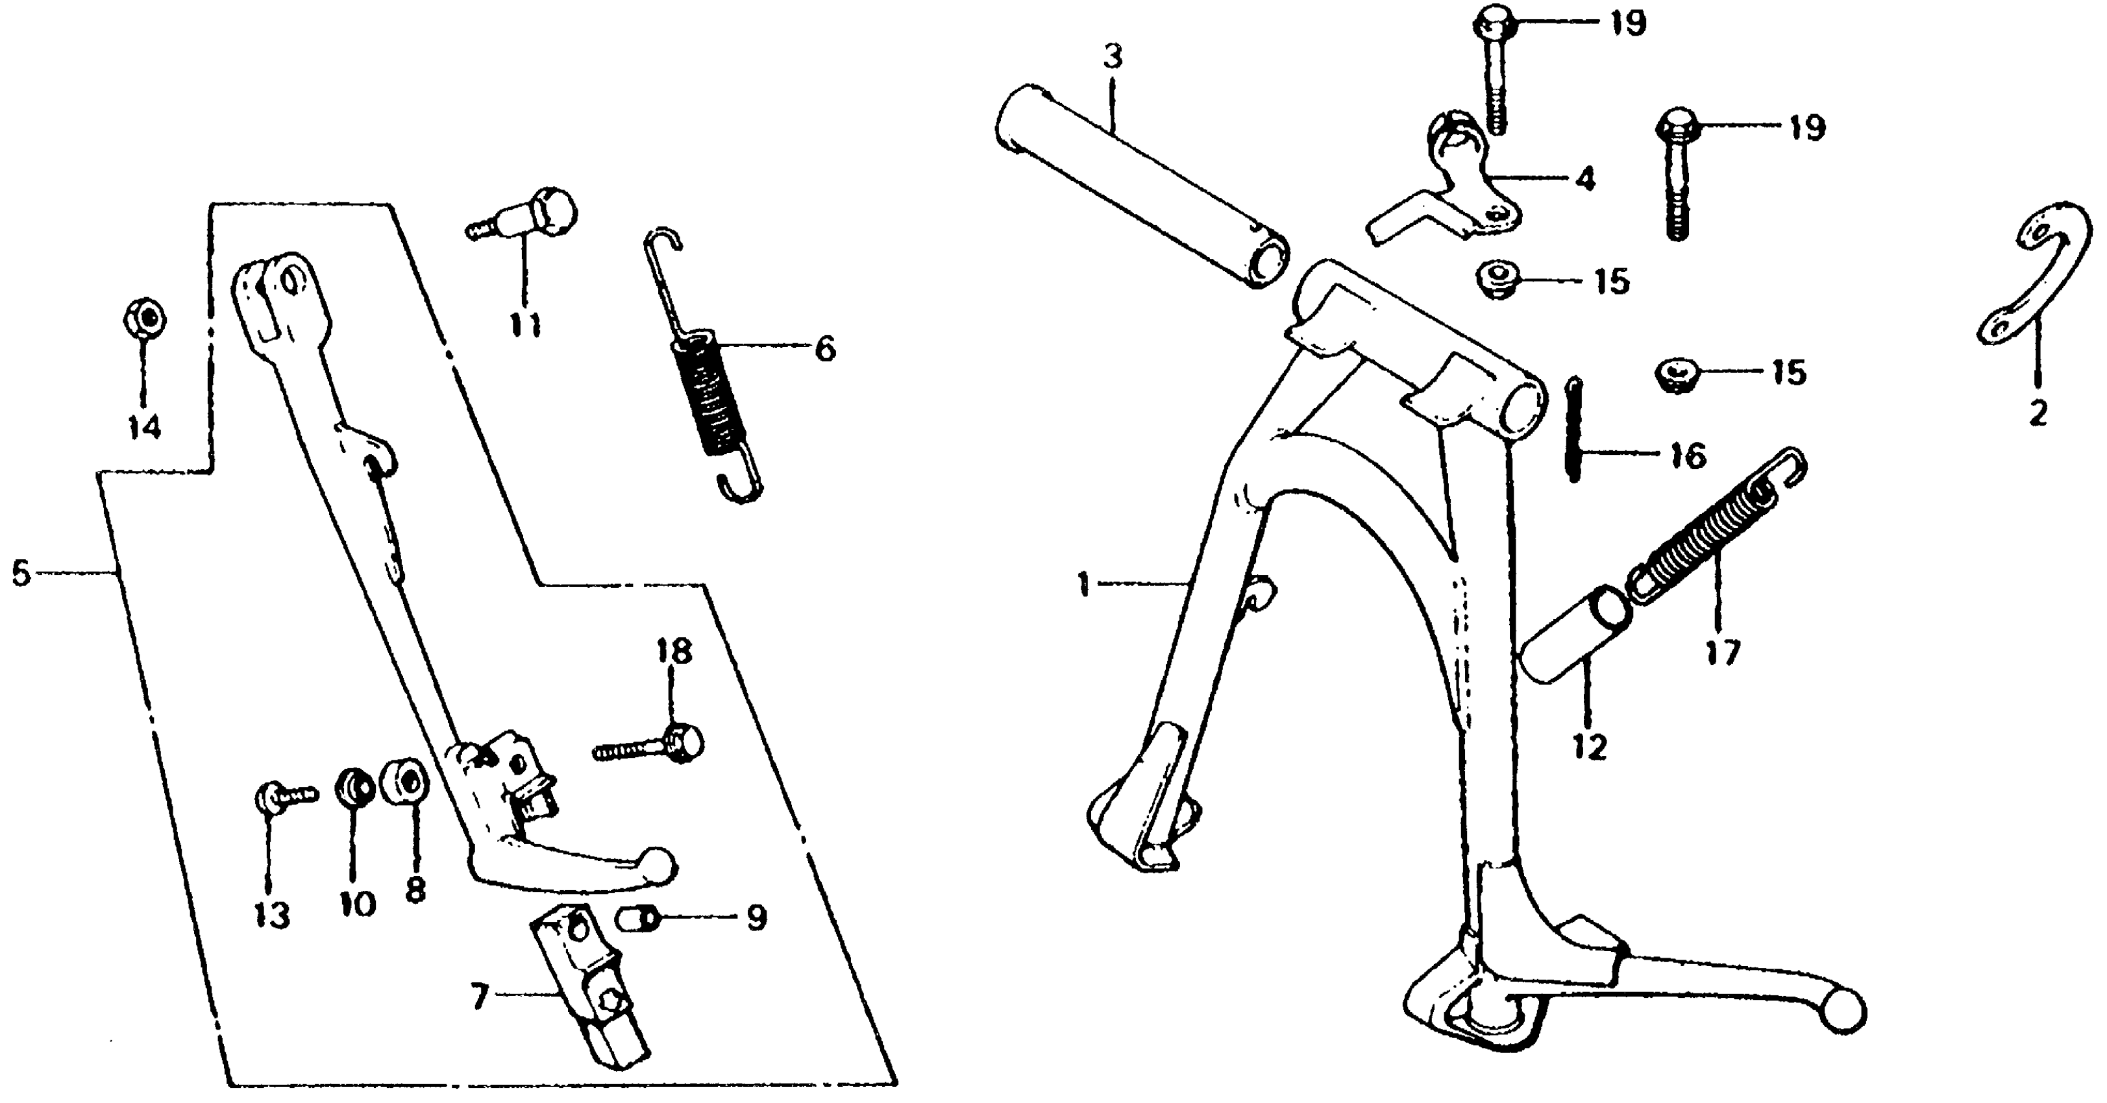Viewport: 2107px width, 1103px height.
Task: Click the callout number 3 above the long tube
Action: coord(1113,57)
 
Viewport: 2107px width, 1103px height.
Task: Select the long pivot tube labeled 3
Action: coord(1142,186)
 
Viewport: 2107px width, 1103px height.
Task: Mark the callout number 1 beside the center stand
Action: coord(1085,585)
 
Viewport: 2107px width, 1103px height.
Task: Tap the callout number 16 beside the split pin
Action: coord(1688,456)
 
